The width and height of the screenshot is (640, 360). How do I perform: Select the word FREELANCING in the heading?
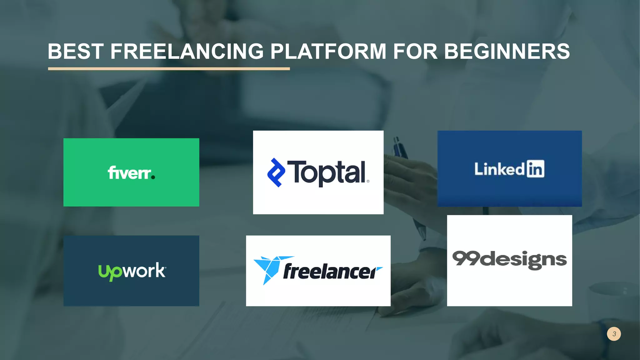coord(187,51)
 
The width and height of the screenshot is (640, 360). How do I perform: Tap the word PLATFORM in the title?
coord(328,51)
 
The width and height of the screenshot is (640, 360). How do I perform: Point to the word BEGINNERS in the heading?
coord(507,51)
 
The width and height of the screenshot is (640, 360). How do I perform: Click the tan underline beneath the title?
coord(169,69)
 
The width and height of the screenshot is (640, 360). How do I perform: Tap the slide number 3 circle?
coord(614,334)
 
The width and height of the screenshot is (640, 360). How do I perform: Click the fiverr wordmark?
coord(129,173)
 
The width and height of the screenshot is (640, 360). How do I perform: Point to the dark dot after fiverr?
coord(153,177)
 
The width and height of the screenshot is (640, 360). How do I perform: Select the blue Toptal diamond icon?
coord(276,172)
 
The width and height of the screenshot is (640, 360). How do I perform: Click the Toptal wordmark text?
coord(327,172)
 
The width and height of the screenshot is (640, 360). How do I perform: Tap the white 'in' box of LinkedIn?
coord(535,169)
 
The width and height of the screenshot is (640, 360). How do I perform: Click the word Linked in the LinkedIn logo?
coord(499,169)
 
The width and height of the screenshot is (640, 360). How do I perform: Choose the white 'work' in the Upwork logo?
coord(144,270)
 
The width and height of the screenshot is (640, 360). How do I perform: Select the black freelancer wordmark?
coord(330,271)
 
